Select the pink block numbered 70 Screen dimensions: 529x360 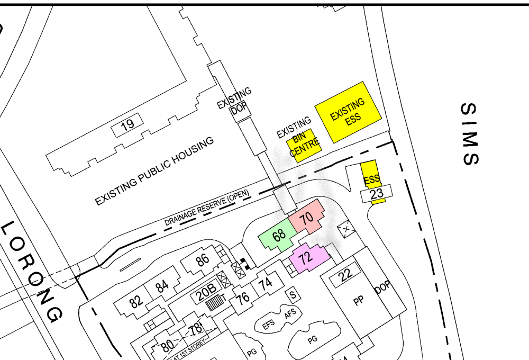(x=306, y=217)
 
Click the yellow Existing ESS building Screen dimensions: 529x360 (x=348, y=112)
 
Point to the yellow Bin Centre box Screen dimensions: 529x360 (x=304, y=141)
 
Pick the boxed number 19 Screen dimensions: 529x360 (x=127, y=125)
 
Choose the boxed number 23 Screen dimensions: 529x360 (x=377, y=194)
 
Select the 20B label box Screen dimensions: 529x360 (x=207, y=289)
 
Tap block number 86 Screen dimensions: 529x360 (x=202, y=260)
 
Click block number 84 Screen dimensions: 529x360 (x=162, y=287)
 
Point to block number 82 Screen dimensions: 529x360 (x=136, y=302)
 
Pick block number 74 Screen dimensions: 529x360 (x=266, y=283)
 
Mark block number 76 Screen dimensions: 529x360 (x=243, y=298)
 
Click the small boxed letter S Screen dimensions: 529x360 (x=291, y=293)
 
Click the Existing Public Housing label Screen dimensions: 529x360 (x=154, y=171)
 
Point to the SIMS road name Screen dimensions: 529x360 (x=469, y=134)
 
